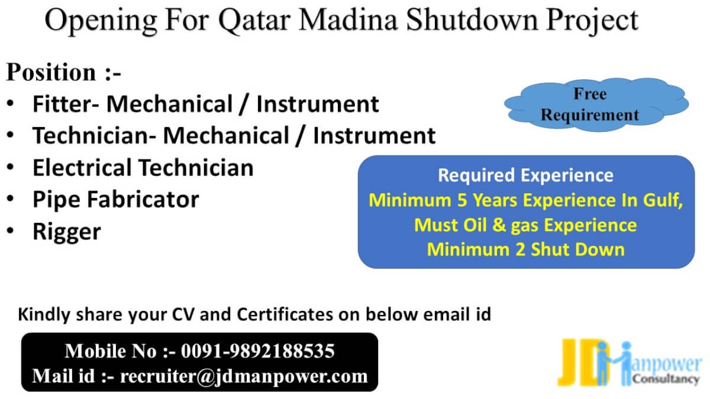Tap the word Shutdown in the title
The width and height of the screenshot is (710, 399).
tap(472, 20)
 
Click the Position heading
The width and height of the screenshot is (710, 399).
tap(63, 72)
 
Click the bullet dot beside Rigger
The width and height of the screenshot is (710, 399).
tap(11, 231)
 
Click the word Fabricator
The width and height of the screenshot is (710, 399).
tap(143, 200)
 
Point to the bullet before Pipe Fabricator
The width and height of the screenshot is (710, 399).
tap(11, 199)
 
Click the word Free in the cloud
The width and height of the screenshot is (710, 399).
tap(590, 94)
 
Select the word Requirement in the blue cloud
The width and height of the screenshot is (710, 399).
tap(589, 115)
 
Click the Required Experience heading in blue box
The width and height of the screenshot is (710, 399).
tap(525, 175)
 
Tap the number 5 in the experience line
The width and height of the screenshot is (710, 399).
tap(462, 200)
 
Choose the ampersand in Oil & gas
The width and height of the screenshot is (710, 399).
tap(499, 225)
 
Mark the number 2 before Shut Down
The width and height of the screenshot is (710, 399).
tap(520, 249)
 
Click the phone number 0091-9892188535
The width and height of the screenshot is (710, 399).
tap(258, 351)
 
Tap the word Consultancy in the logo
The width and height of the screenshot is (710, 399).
tap(666, 378)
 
